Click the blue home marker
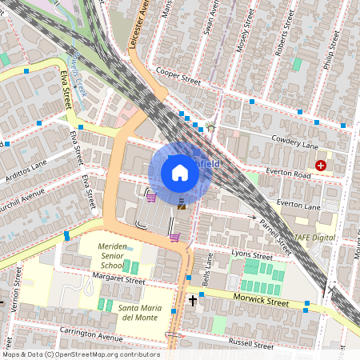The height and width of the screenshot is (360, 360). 180,172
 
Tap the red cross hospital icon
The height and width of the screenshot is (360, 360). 321,166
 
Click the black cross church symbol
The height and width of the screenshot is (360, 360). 193,301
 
